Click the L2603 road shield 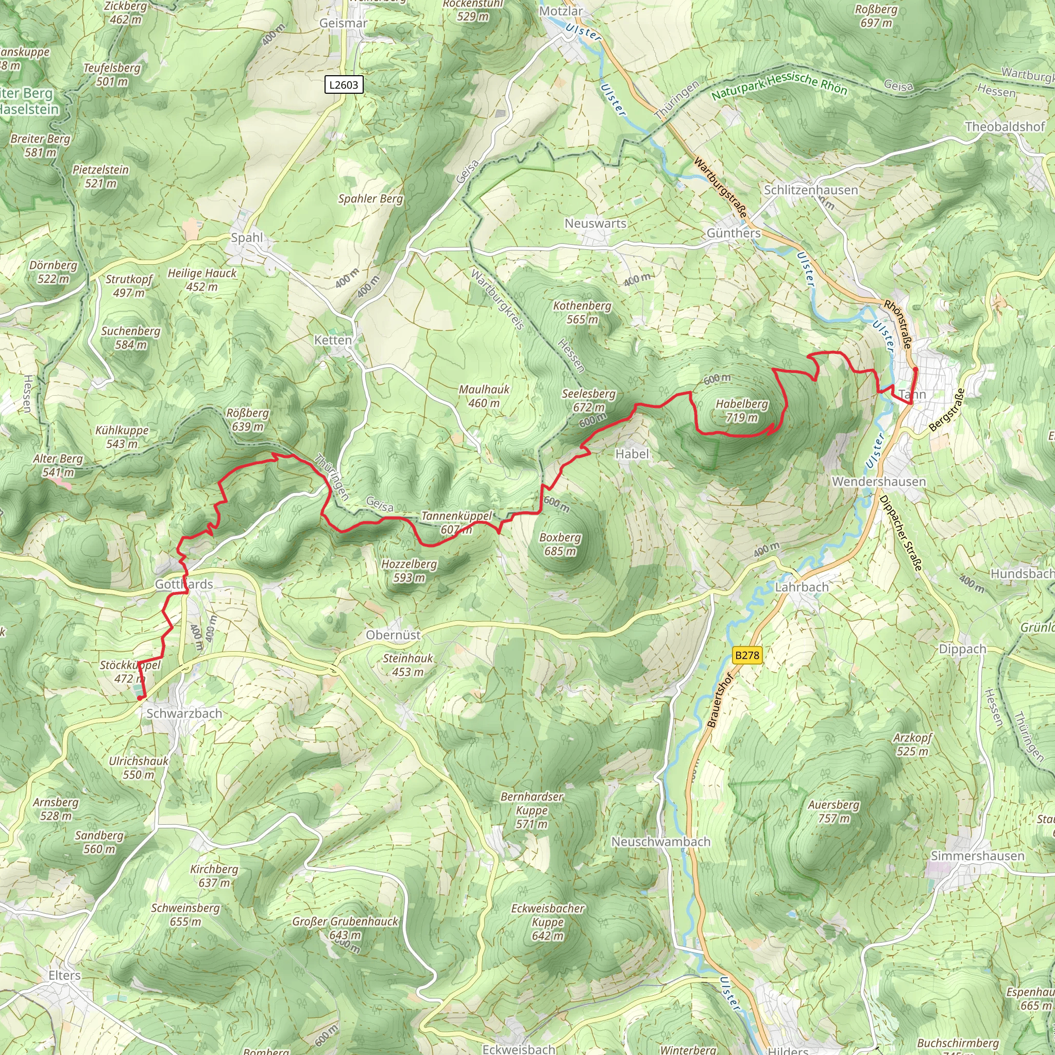[344, 84]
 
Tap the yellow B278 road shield [746, 655]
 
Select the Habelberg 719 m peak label [742, 411]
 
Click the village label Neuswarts [595, 224]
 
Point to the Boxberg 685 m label [560, 544]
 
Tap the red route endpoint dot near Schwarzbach [140, 697]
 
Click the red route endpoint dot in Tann [915, 370]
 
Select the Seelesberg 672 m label [589, 400]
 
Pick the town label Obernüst [393, 635]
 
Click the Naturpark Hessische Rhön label [779, 86]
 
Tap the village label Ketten [333, 340]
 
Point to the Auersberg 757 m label [833, 811]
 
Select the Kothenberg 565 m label [582, 312]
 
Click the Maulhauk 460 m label [484, 396]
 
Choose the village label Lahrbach [802, 587]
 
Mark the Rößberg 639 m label [247, 419]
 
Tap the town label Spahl [247, 237]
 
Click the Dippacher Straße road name [900, 533]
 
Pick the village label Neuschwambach [661, 842]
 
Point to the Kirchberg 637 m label [214, 875]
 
